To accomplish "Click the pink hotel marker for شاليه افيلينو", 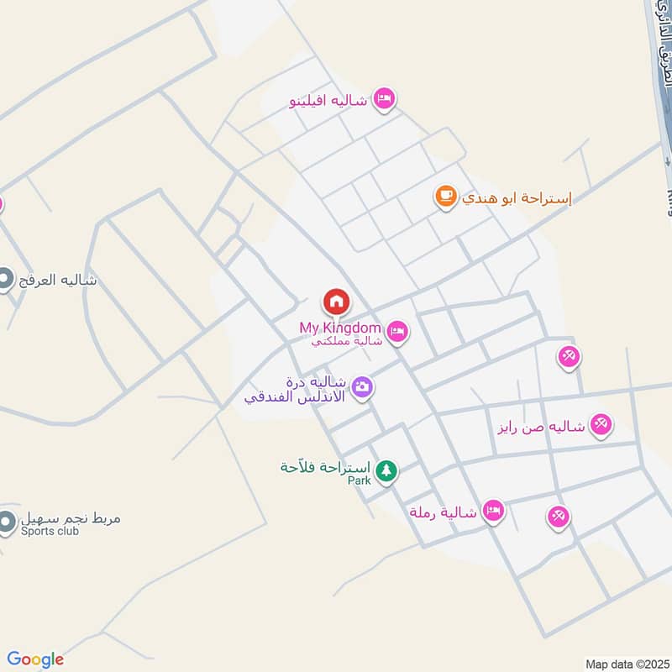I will click(385, 99).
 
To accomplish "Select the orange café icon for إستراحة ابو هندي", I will click(445, 197).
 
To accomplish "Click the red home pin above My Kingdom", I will click(336, 301).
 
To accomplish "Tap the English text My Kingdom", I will click(340, 328).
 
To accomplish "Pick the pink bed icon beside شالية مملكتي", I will click(398, 333).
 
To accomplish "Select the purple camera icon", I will click(363, 387).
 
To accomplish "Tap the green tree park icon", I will click(386, 471).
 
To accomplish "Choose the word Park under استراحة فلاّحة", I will click(360, 480).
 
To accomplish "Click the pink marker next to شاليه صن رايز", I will click(601, 425).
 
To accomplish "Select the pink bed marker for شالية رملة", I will click(494, 511).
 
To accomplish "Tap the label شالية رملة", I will click(443, 512).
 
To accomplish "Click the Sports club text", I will click(49, 532).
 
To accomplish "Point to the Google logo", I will click(35, 659).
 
